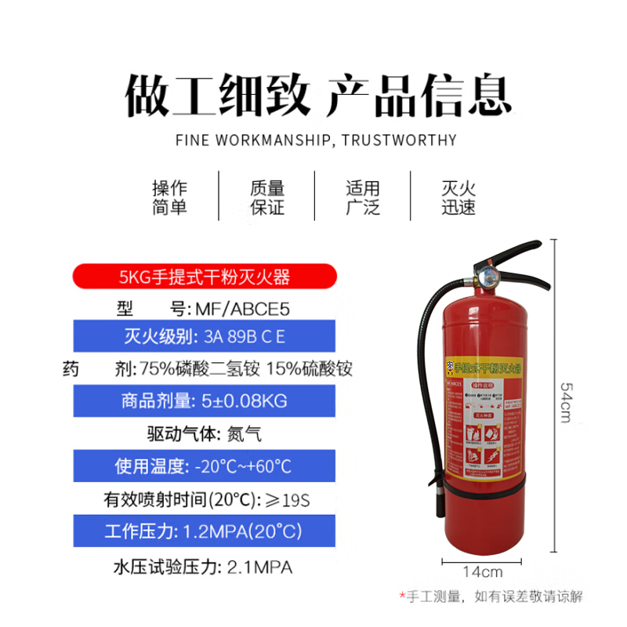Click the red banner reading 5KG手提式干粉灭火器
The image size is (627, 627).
(x=205, y=277)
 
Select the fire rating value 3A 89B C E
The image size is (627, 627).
(x=245, y=339)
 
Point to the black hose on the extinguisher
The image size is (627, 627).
(x=429, y=392)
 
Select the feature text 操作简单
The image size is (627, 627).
(x=170, y=198)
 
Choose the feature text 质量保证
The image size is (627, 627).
(x=266, y=198)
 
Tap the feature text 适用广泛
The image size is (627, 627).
(x=363, y=198)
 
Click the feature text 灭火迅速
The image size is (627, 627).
(x=458, y=198)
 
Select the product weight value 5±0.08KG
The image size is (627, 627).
(x=243, y=401)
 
